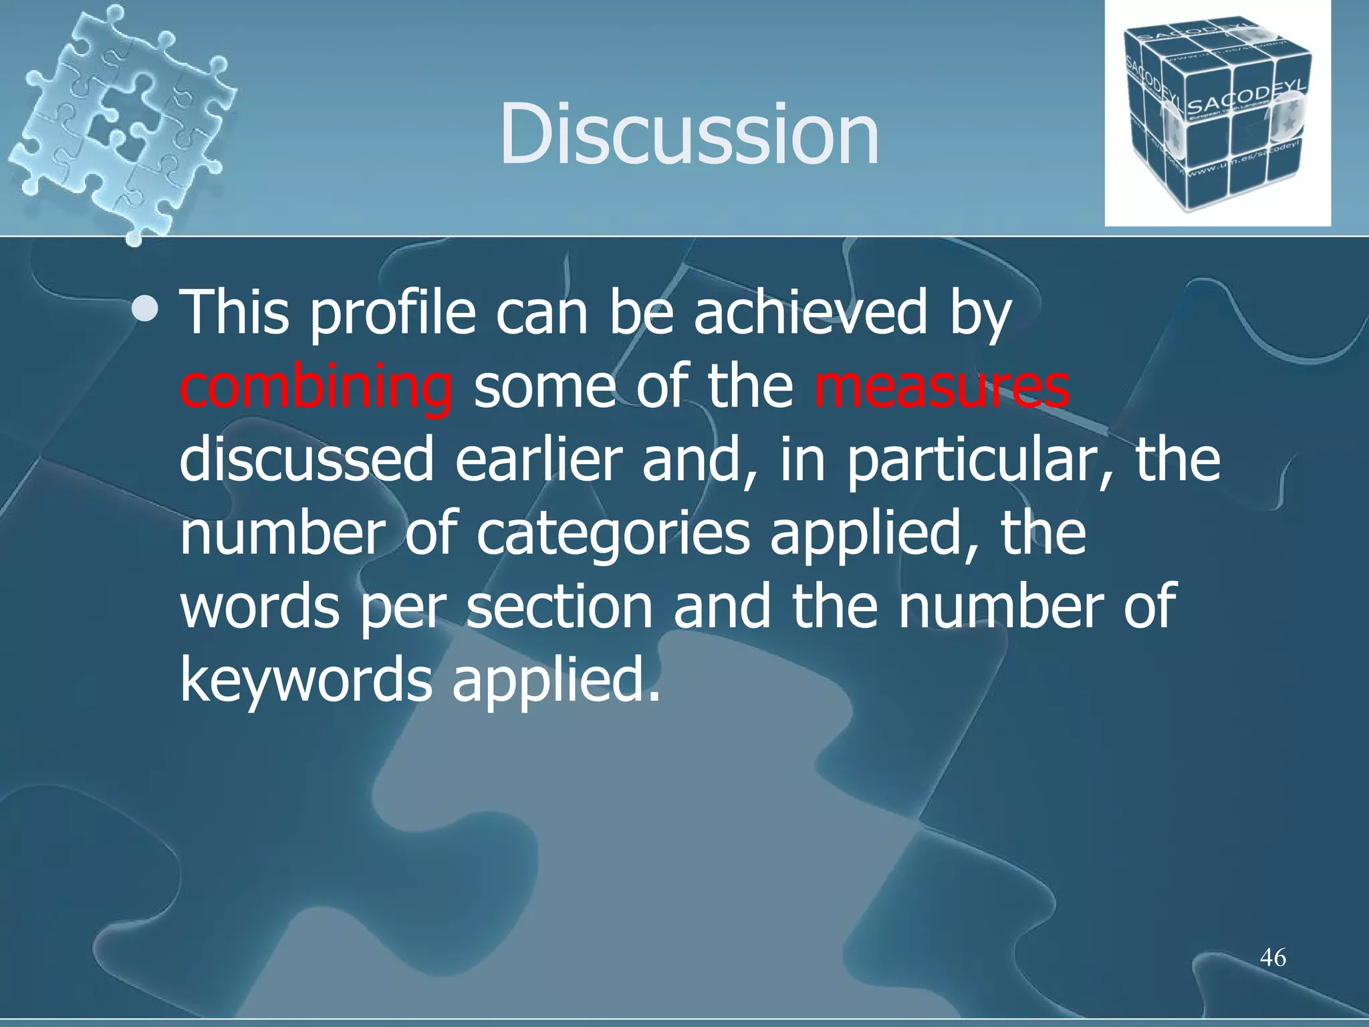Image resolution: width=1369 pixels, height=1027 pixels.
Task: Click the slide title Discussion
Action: click(x=689, y=133)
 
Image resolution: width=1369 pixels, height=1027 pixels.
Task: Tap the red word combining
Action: click(x=316, y=387)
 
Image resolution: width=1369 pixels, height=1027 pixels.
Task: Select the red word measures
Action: click(x=942, y=387)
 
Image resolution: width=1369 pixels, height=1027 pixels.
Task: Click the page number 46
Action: click(x=1273, y=957)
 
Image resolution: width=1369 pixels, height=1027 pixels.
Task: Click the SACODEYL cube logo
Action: click(x=1217, y=114)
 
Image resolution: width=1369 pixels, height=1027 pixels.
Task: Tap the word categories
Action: click(x=613, y=535)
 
